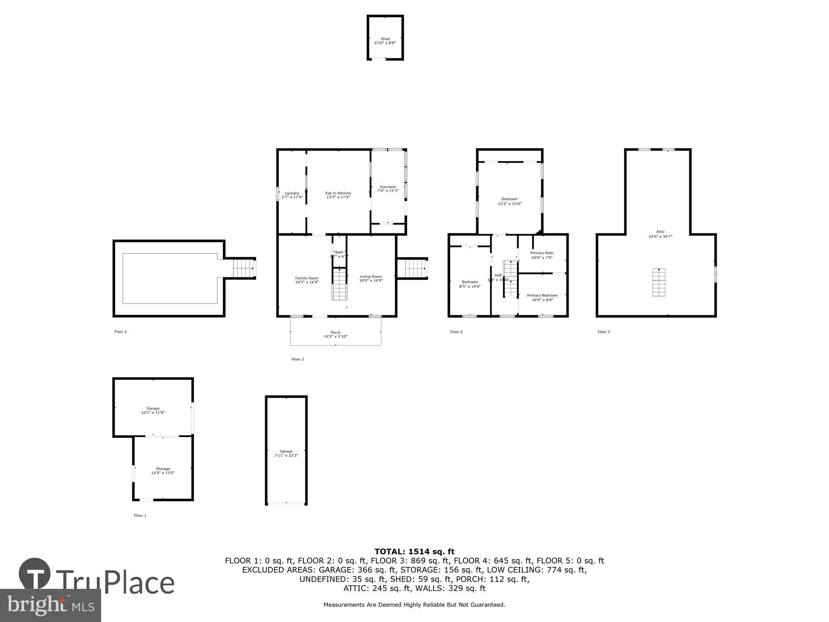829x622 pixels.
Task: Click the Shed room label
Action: (x=385, y=39)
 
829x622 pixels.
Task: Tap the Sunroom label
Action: (x=388, y=187)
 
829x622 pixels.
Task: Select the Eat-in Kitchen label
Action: (x=338, y=193)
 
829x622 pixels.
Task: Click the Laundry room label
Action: (x=292, y=193)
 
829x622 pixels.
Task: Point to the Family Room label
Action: (x=307, y=278)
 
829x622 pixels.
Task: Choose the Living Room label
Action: (x=371, y=277)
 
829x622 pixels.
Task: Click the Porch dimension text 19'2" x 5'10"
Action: (x=335, y=337)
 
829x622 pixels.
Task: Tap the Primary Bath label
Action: (x=541, y=253)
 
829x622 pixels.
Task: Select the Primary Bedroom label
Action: (x=542, y=296)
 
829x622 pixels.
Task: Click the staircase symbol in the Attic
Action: (x=659, y=282)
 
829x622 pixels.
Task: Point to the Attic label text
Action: (x=660, y=232)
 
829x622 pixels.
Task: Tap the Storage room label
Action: (x=162, y=469)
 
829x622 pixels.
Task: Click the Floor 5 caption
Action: (x=604, y=332)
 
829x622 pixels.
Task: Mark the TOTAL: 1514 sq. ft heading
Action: (x=414, y=552)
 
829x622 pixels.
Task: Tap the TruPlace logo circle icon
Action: (x=35, y=574)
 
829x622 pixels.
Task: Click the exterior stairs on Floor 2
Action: (x=242, y=268)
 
